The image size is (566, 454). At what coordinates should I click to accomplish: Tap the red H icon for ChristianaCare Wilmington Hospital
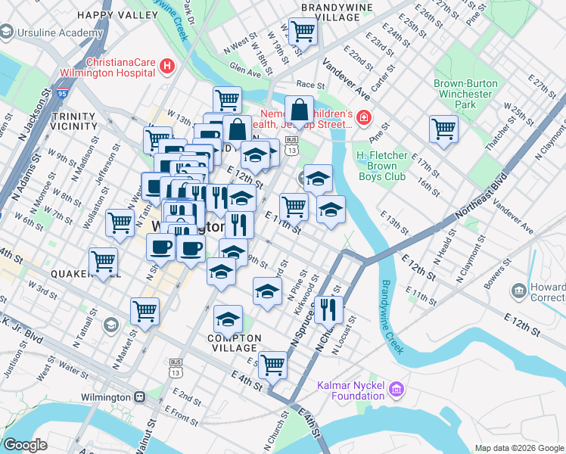[x=168, y=68]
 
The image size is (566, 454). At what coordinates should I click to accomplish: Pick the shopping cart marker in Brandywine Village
[x=303, y=32]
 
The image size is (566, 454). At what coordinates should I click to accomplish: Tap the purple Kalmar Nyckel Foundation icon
[x=395, y=390]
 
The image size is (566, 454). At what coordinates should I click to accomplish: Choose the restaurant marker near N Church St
[x=328, y=308]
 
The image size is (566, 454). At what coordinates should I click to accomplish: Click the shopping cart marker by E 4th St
[x=272, y=364]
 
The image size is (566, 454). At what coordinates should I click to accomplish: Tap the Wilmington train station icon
[x=139, y=396]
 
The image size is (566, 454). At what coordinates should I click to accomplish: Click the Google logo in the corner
[x=26, y=445]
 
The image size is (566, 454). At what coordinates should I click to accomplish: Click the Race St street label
[x=310, y=85]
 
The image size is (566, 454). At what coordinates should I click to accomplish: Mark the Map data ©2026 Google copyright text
[x=518, y=448]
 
